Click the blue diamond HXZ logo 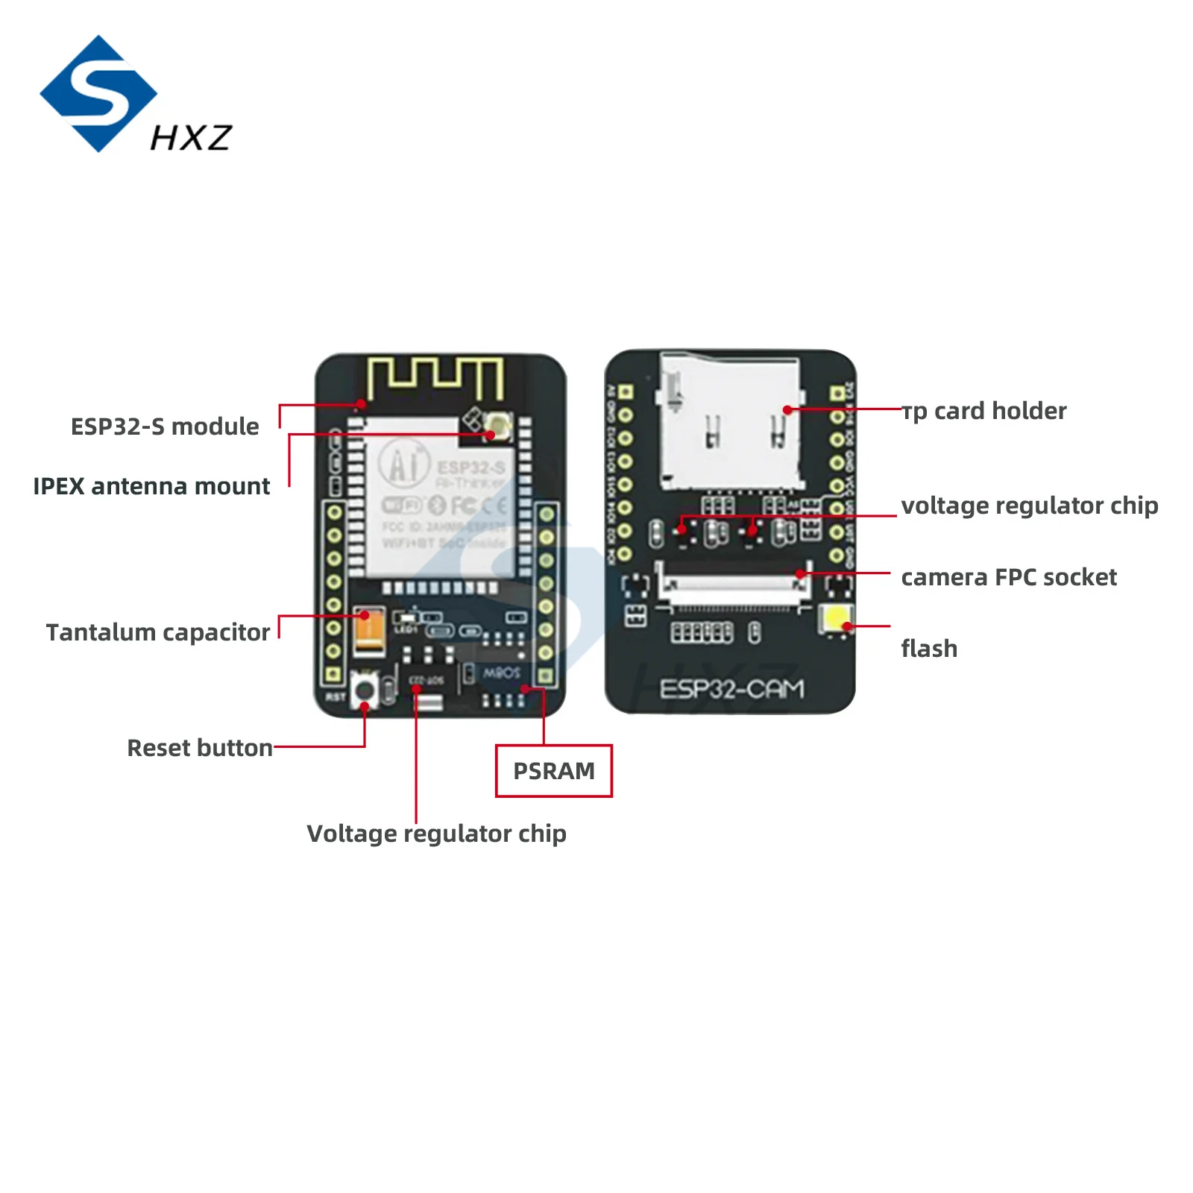pyautogui.click(x=98, y=94)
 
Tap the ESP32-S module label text pyautogui.click(x=165, y=426)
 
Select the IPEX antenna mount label pyautogui.click(x=151, y=486)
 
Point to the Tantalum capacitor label pyautogui.click(x=158, y=632)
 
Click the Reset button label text pyautogui.click(x=200, y=748)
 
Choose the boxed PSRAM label pyautogui.click(x=554, y=771)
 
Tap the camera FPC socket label pyautogui.click(x=1009, y=577)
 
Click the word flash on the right pyautogui.click(x=929, y=649)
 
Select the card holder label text pyautogui.click(x=984, y=411)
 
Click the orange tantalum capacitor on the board pyautogui.click(x=370, y=630)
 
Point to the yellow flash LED pyautogui.click(x=837, y=619)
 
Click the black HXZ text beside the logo pyautogui.click(x=192, y=138)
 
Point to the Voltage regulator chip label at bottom pyautogui.click(x=436, y=834)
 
